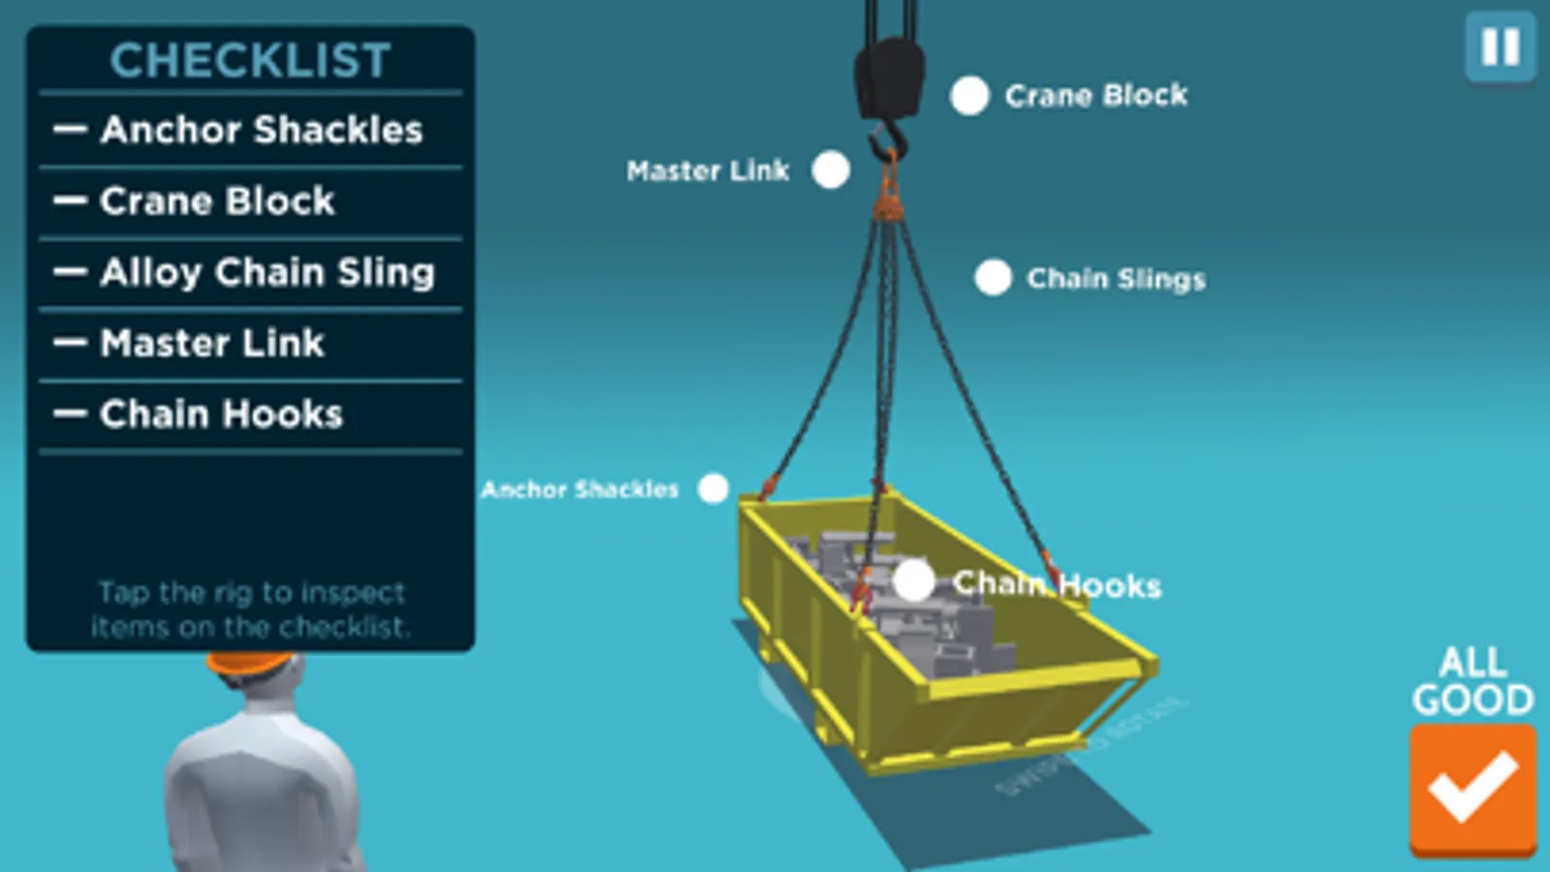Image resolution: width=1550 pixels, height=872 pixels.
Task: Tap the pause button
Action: (x=1500, y=47)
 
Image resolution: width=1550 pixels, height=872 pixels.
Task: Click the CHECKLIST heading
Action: (x=250, y=60)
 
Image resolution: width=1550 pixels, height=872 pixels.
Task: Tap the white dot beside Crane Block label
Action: (x=969, y=96)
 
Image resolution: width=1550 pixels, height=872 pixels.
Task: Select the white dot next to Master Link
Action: (x=831, y=170)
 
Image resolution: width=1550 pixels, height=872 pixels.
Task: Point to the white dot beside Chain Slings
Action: (x=993, y=277)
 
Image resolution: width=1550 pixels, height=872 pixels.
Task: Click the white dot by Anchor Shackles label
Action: (x=713, y=488)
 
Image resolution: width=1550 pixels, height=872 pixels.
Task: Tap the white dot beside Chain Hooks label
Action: (x=913, y=581)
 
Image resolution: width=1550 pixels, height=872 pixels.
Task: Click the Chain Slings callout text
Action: (x=1116, y=279)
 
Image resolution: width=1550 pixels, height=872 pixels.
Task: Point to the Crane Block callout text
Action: (x=1095, y=95)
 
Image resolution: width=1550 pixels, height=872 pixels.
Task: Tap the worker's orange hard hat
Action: (x=249, y=663)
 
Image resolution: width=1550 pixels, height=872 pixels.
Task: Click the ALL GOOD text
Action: (x=1471, y=681)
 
